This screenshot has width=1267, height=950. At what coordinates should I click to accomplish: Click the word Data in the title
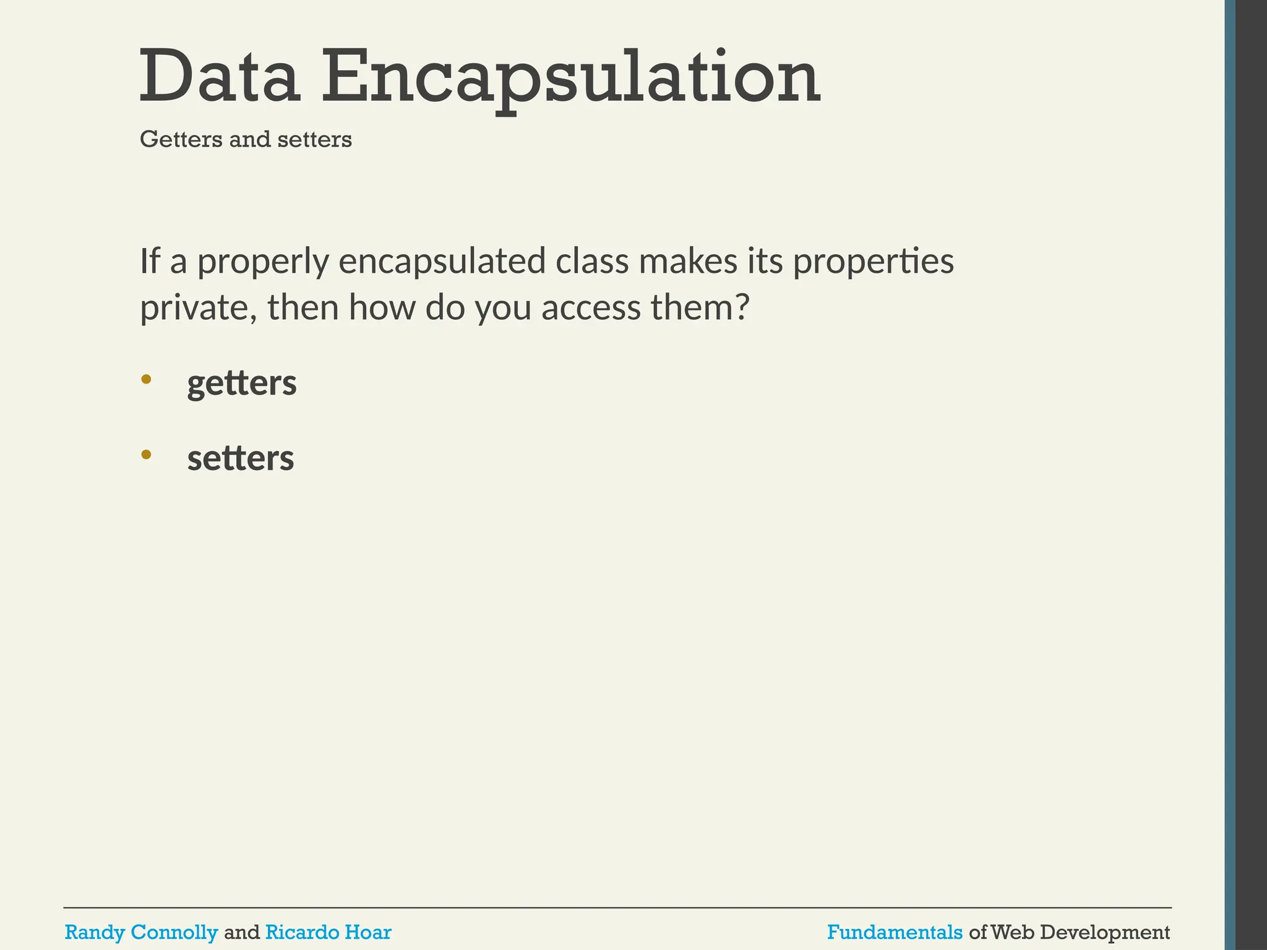pyautogui.click(x=220, y=77)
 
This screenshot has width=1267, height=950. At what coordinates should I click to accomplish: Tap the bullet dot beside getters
pyautogui.click(x=146, y=379)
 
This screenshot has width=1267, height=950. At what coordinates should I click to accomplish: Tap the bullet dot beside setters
pyautogui.click(x=146, y=455)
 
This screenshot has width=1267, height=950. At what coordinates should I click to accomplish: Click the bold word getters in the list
pyautogui.click(x=242, y=384)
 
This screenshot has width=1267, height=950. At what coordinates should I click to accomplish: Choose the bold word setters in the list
pyautogui.click(x=241, y=459)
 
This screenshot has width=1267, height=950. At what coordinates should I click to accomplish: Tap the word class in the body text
pyautogui.click(x=591, y=261)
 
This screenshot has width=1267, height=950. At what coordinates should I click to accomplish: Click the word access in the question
pyautogui.click(x=591, y=308)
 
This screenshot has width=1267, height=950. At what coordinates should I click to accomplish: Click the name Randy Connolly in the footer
pyautogui.click(x=141, y=931)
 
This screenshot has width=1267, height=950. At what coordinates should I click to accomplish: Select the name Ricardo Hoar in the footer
pyautogui.click(x=328, y=931)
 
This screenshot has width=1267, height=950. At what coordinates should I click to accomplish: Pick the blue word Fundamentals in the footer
pyautogui.click(x=895, y=931)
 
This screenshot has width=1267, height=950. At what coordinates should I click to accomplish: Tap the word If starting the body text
pyautogui.click(x=150, y=261)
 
